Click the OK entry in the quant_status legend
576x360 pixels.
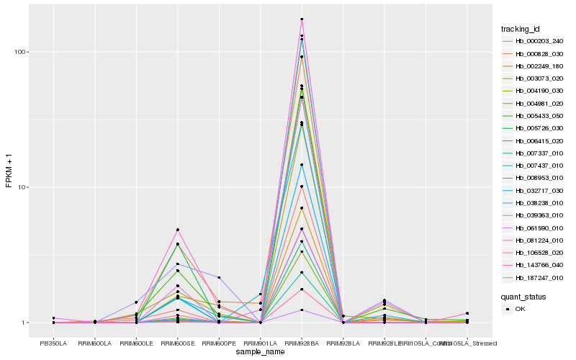521,308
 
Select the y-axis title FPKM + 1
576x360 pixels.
9,171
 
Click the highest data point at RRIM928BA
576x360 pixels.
302,19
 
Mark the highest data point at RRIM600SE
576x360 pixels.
177,230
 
